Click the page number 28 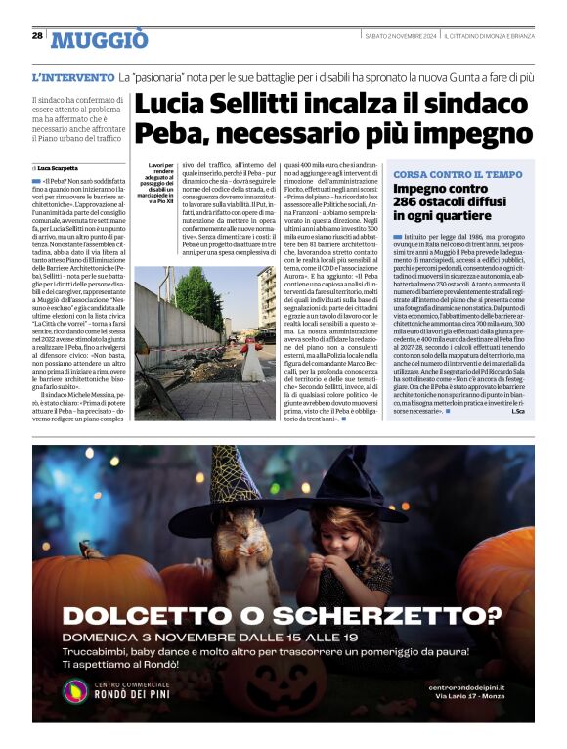(37, 36)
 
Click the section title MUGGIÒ (100, 39)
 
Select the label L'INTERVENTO (73, 76)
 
